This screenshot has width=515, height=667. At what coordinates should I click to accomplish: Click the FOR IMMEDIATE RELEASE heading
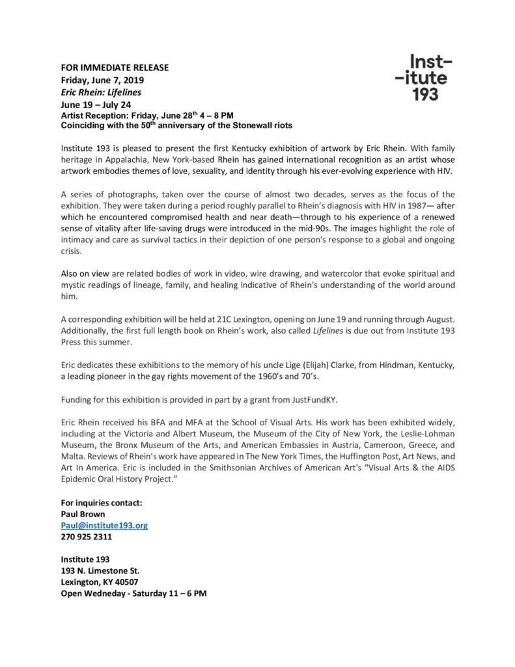point(115,68)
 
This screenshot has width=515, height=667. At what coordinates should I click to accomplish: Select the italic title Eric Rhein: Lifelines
point(101,92)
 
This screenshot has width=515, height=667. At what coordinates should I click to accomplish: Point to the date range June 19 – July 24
point(96,104)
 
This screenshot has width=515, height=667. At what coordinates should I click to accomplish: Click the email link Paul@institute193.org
point(104,525)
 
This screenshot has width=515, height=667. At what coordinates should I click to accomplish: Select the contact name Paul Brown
point(83,514)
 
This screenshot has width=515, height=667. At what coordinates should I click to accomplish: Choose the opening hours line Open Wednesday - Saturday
point(133,594)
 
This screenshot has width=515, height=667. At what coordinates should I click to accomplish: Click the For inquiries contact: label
point(101,503)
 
